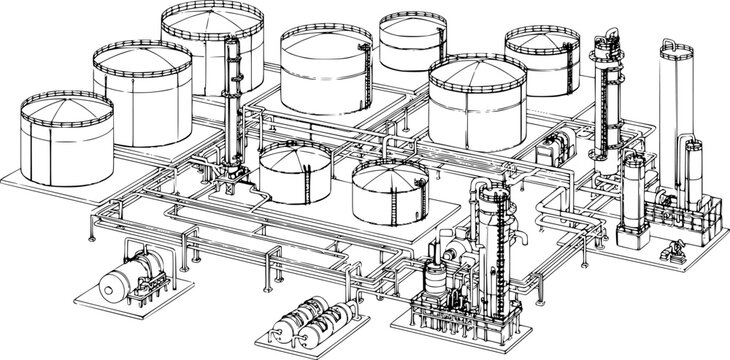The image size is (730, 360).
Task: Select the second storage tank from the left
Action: click(142, 92)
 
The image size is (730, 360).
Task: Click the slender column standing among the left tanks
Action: click(235, 110)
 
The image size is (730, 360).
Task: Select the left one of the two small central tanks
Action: click(295, 170)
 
